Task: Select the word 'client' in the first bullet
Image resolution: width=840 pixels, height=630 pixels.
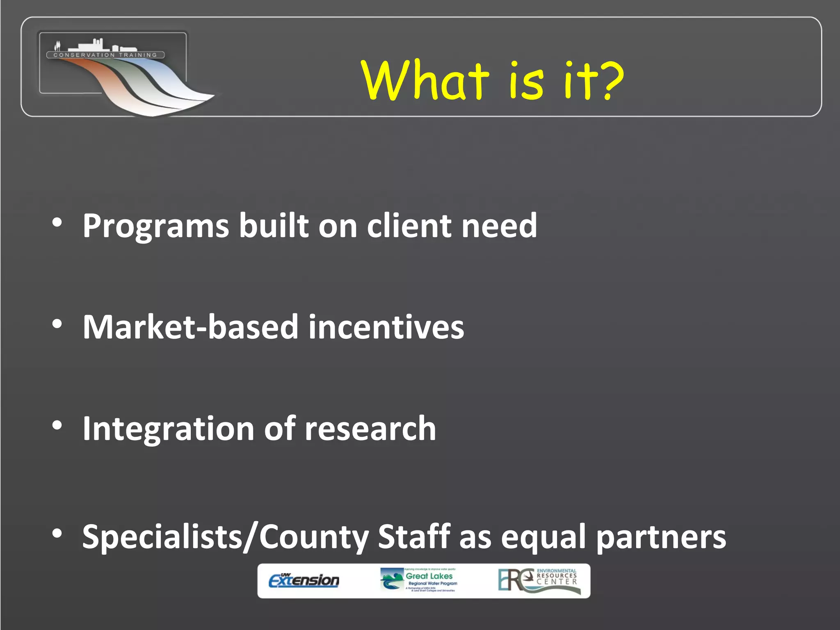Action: (x=409, y=226)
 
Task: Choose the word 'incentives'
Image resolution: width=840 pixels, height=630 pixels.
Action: (x=386, y=327)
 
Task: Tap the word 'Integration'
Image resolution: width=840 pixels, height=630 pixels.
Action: (x=168, y=429)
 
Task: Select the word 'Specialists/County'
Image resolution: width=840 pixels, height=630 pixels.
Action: (x=225, y=537)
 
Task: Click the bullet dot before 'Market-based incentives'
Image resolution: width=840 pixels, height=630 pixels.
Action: (x=57, y=324)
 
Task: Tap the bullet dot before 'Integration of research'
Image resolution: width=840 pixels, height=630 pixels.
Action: (x=57, y=426)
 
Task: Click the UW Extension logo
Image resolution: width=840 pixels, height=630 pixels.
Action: (x=304, y=580)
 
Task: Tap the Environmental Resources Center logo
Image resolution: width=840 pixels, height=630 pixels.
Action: (x=539, y=580)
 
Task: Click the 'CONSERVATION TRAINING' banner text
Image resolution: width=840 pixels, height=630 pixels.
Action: (x=105, y=55)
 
